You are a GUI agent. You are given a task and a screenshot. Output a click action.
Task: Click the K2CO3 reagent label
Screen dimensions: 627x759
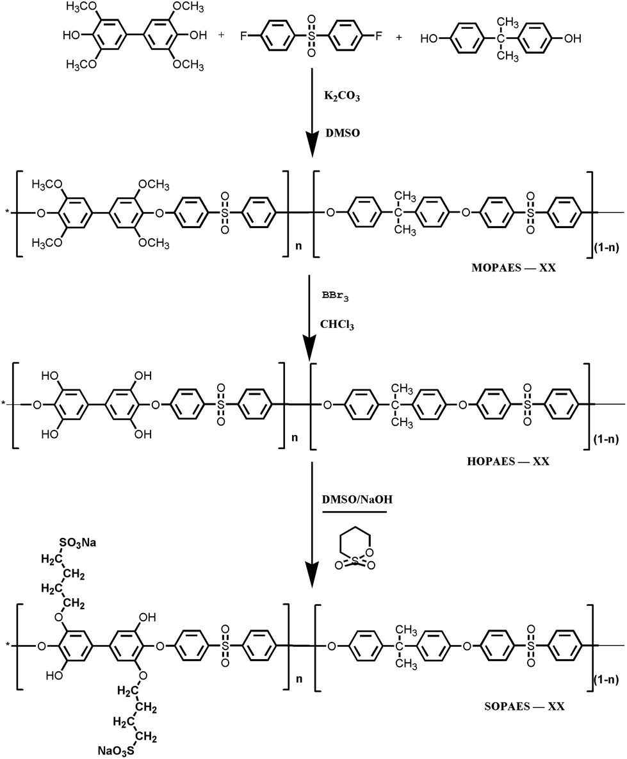click(x=342, y=96)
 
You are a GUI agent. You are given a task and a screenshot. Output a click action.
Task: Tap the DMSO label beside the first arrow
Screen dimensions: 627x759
click(x=342, y=133)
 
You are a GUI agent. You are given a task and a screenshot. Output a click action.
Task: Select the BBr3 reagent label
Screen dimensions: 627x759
click(x=335, y=297)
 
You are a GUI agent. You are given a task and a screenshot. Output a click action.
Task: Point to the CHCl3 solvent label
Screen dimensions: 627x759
click(x=337, y=325)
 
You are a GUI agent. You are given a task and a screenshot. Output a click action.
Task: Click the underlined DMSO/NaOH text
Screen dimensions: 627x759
click(x=357, y=499)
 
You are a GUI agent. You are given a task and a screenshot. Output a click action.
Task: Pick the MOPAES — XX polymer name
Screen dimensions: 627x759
click(x=514, y=267)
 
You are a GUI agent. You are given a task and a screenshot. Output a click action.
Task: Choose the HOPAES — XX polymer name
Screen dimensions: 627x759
click(x=509, y=461)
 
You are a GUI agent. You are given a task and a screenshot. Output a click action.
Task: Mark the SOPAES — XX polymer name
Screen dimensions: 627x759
click(x=525, y=706)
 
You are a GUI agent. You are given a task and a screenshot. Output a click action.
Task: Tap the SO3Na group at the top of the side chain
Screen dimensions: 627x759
click(x=77, y=543)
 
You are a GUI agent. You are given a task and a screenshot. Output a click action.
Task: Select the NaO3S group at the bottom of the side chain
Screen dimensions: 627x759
click(x=117, y=751)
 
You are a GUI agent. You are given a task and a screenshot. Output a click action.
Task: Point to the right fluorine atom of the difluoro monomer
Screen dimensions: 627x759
click(x=379, y=36)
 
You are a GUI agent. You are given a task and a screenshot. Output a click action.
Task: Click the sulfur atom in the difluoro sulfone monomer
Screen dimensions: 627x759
click(x=311, y=36)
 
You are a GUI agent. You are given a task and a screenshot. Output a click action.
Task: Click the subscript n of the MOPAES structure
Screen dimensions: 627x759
click(x=298, y=246)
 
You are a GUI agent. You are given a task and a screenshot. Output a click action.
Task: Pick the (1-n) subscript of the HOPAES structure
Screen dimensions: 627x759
click(x=606, y=440)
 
